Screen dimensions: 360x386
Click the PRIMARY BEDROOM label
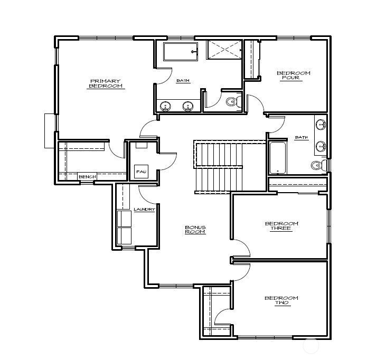click(105, 83)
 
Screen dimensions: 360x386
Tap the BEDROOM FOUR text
click(294, 75)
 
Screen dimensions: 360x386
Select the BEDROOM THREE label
click(281, 226)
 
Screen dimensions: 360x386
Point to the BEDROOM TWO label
click(281, 300)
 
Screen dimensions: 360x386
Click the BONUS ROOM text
click(195, 230)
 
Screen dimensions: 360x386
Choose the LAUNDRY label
click(144, 210)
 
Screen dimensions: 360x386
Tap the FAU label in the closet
click(140, 172)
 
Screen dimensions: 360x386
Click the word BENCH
click(87, 177)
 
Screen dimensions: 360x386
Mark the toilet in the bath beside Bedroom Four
click(317, 165)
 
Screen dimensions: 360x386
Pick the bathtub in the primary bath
click(180, 52)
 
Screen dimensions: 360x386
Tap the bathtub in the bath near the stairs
click(278, 158)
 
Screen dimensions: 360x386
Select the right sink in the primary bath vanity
click(187, 106)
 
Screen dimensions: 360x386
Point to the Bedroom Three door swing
click(242, 248)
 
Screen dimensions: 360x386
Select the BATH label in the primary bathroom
click(183, 81)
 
